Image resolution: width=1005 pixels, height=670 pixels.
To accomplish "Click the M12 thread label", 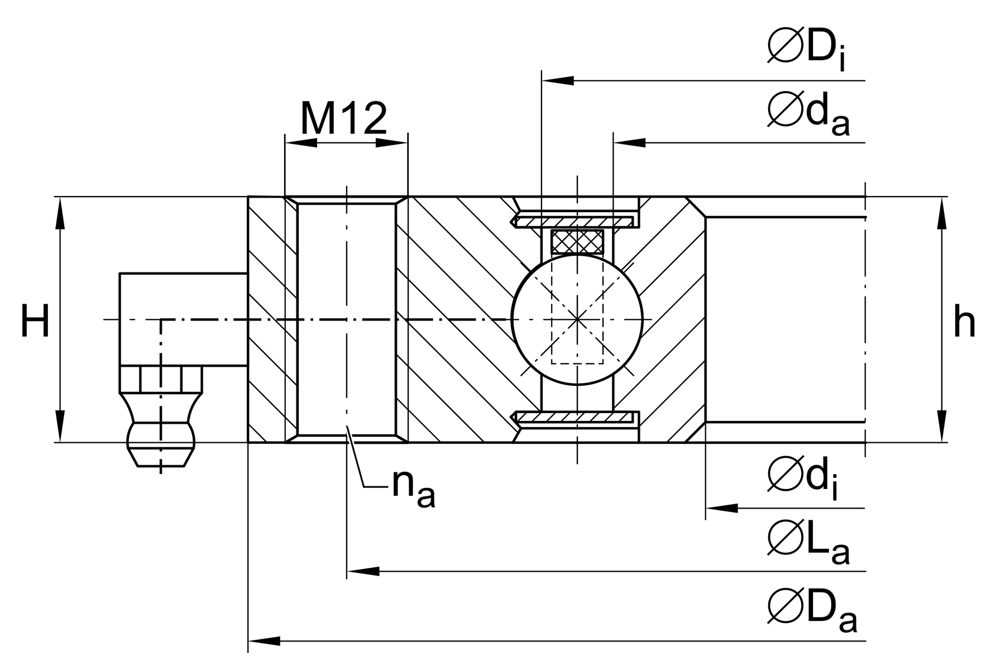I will pyautogui.click(x=343, y=118).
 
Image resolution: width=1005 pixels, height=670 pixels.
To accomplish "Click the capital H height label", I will pyautogui.click(x=35, y=322).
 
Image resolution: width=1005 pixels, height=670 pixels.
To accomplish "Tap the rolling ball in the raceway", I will pyautogui.click(x=577, y=319).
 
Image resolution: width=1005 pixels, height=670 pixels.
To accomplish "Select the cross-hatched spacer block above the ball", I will pyautogui.click(x=577, y=241).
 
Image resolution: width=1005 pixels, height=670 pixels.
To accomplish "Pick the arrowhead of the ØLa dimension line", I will pyautogui.click(x=363, y=571).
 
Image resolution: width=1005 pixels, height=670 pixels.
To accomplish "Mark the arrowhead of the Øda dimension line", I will pyautogui.click(x=629, y=143).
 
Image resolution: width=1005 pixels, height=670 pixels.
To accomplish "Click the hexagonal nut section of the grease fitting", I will pyautogui.click(x=161, y=379).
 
